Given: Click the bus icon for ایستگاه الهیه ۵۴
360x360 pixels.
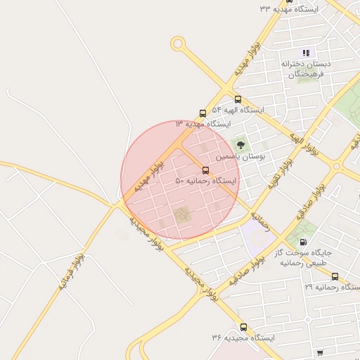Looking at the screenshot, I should (238, 99).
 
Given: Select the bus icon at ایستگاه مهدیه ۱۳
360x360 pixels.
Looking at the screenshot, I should (202, 112).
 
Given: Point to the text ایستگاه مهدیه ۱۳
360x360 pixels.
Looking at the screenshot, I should (202, 124).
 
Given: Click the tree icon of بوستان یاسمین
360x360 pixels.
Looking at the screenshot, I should (240, 145).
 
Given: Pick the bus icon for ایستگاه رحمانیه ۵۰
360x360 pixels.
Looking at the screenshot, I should (205, 170).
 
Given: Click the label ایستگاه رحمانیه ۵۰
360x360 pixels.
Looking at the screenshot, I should (206, 181).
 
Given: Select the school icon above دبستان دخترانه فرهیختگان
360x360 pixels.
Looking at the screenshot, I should (305, 53).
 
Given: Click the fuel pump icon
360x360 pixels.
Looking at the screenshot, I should (302, 242).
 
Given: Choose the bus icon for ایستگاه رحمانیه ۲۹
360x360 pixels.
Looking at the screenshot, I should (335, 276).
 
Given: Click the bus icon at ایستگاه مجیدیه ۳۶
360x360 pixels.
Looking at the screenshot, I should (243, 327).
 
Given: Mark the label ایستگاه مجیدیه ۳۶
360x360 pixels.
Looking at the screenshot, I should (243, 338).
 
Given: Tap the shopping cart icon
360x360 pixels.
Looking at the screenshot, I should (321, 352).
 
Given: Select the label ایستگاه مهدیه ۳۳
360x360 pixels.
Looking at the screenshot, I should (288, 9).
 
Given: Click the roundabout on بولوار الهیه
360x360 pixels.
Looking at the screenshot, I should (337, 167).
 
